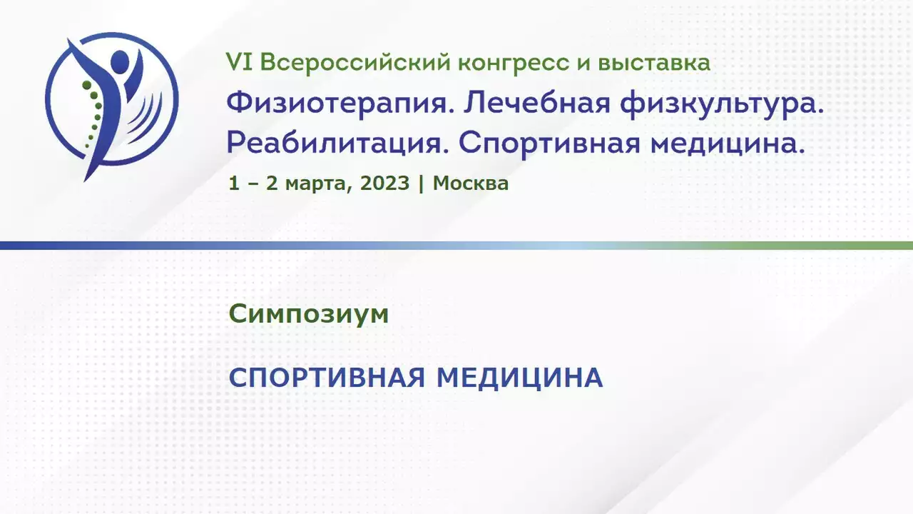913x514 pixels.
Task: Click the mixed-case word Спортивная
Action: pos(549,144)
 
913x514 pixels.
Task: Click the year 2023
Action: pos(384,183)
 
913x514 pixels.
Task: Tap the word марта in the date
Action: pos(319,184)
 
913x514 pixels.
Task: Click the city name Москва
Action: pos(470,183)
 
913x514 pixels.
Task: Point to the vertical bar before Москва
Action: pos(421,184)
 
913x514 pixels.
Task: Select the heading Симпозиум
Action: pos(309,314)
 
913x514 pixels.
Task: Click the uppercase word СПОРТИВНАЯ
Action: pos(327,378)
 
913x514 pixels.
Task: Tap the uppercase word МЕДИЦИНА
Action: pos(519,378)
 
